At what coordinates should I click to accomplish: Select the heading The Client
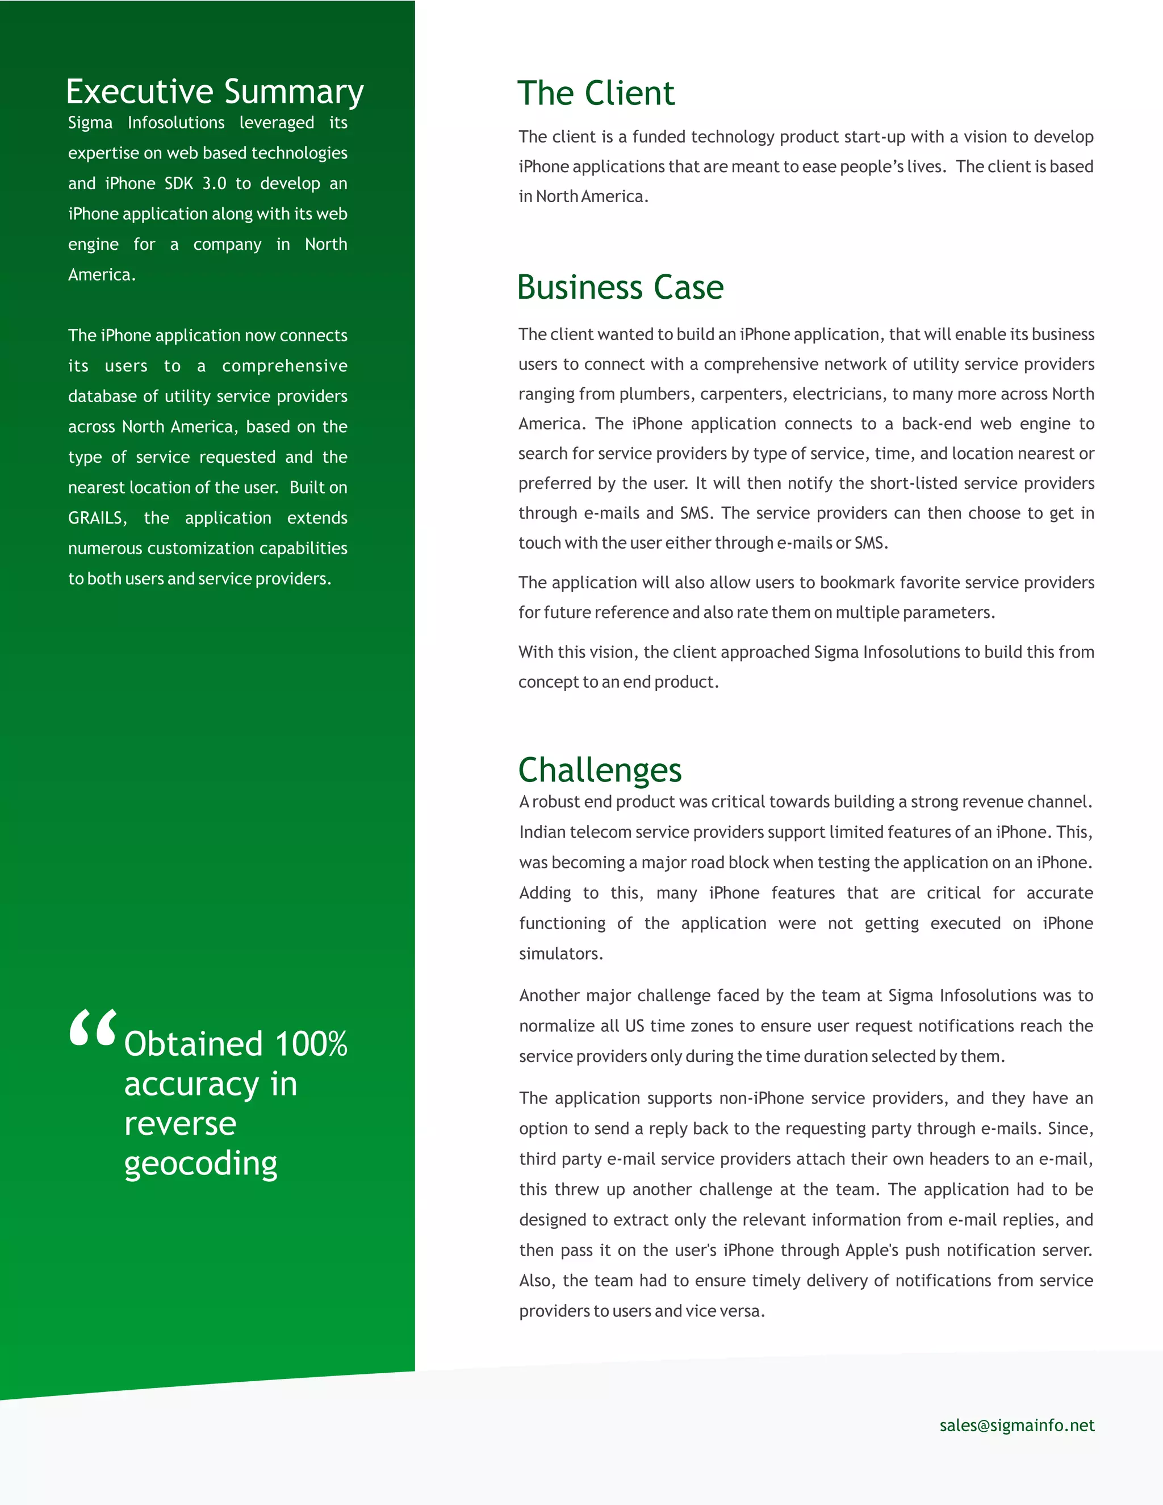596,94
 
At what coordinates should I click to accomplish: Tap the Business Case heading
620,287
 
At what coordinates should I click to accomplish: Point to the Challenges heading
600,771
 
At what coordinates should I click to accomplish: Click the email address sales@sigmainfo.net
1016,1425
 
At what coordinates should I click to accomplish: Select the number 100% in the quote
311,1044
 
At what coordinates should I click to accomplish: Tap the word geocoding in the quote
200,1165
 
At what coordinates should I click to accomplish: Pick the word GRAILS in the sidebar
97,518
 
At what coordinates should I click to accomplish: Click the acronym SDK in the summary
179,184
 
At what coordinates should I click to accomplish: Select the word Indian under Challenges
542,833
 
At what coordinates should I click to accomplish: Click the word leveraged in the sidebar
277,123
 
